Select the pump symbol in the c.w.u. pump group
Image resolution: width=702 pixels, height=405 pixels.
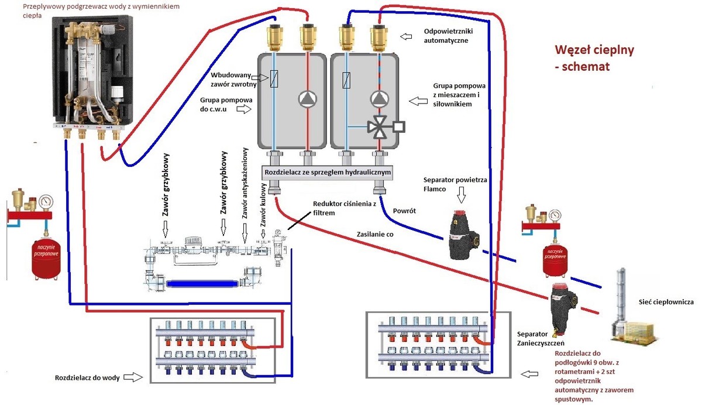tap(307, 99)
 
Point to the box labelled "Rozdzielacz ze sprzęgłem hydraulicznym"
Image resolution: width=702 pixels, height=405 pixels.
tap(326, 173)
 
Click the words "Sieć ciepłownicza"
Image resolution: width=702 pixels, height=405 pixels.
tap(666, 302)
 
